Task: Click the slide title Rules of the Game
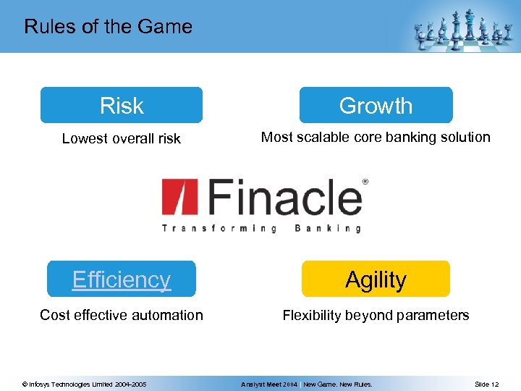tap(108, 27)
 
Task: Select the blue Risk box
tap(122, 106)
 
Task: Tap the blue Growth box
tap(376, 106)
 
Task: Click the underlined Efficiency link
tap(122, 279)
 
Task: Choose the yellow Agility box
tap(376, 279)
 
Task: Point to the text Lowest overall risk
tap(122, 138)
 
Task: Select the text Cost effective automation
tap(122, 315)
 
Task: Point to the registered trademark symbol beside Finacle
tap(365, 182)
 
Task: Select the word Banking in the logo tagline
tap(328, 228)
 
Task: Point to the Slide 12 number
tap(486, 384)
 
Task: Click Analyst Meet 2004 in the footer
tap(269, 384)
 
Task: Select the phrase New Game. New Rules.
tap(338, 384)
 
